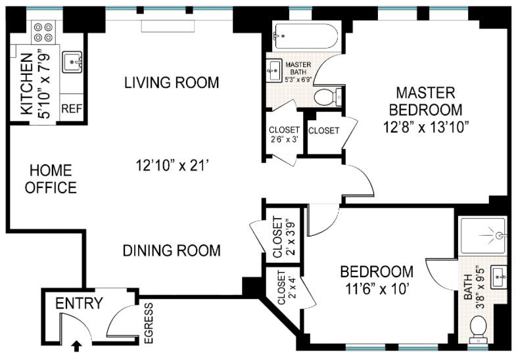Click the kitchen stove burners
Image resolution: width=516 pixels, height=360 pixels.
tap(43, 32)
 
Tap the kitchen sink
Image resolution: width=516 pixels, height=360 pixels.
tap(72, 62)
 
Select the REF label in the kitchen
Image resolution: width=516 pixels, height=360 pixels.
tap(72, 108)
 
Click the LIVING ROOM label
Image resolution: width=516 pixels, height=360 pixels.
tap(172, 82)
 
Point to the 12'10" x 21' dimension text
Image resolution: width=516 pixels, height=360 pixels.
tap(173, 166)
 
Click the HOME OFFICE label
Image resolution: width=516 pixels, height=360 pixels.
tap(51, 179)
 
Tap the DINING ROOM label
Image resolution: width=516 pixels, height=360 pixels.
tap(172, 250)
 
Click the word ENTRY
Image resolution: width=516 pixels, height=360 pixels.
tap(79, 303)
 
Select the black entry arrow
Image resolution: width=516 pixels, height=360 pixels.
tap(77, 346)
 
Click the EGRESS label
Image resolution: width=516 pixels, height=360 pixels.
tap(149, 323)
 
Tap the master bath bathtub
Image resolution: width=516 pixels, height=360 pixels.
tap(305, 36)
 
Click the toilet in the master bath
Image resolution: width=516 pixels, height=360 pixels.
tap(328, 97)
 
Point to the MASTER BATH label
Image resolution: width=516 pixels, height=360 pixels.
tap(298, 68)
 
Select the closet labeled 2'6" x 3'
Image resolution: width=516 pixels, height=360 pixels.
tap(285, 134)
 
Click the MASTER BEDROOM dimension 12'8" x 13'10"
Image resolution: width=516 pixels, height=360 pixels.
tap(426, 127)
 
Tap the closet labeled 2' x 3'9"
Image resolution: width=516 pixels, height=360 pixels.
tap(283, 235)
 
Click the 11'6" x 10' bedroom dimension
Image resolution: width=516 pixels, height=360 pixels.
tap(377, 289)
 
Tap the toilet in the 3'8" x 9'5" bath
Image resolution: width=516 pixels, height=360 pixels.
tap(478, 326)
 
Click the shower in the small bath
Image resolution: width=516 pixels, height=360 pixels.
tap(483, 235)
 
